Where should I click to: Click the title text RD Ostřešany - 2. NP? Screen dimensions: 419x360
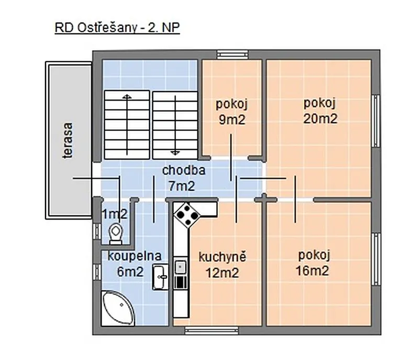[117, 28]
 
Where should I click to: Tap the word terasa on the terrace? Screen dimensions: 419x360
[68, 140]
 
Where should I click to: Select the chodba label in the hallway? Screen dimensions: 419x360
[184, 170]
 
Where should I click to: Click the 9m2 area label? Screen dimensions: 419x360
[232, 119]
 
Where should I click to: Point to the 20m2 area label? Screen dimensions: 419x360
[320, 118]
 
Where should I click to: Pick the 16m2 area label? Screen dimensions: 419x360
[312, 271]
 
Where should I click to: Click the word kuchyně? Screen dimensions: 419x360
[222, 257]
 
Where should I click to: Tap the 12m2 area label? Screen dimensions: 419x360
[222, 273]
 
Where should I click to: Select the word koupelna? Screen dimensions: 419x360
[135, 256]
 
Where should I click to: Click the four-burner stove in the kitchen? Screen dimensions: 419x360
[186, 215]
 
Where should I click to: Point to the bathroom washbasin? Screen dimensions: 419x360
[161, 277]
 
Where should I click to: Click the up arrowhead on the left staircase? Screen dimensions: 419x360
[127, 96]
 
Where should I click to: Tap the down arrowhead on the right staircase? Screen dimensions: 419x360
[175, 152]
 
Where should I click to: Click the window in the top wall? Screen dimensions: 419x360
[233, 55]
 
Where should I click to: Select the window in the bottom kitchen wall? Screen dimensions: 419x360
[212, 330]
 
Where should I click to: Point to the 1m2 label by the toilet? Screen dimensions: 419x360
[115, 214]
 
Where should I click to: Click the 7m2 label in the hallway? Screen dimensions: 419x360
[182, 186]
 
